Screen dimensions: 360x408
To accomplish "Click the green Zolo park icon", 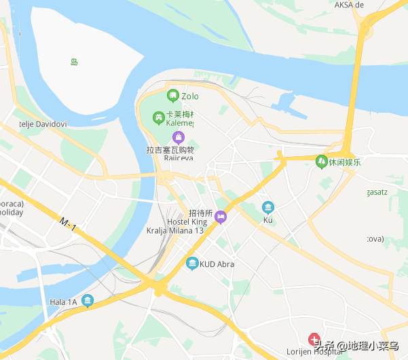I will (172, 96).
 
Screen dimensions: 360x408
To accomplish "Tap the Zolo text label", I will (190, 96).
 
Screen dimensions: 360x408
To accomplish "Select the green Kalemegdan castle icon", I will (158, 118).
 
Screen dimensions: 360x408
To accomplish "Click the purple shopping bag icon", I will (179, 137).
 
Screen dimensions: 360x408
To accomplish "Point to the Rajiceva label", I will (179, 158).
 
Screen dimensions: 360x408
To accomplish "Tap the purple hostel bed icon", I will (221, 217).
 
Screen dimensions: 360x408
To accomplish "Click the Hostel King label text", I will (187, 222).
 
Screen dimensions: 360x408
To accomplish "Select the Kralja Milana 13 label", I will (175, 231).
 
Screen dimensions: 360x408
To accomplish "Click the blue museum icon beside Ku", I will (268, 207).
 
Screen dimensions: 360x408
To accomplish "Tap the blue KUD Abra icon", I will (192, 264).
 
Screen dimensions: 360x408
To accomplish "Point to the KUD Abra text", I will (216, 264).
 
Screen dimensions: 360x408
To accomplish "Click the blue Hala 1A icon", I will (87, 301).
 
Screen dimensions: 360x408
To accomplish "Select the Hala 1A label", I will (62, 302).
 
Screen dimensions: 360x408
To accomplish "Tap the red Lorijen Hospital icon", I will (314, 338).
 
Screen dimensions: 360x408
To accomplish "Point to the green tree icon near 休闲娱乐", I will (321, 162).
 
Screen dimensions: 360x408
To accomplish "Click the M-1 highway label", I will (68, 223).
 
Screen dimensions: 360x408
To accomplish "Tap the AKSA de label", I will (350, 5).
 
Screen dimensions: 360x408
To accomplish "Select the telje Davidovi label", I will (42, 124).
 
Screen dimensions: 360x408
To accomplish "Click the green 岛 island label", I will (74, 62).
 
